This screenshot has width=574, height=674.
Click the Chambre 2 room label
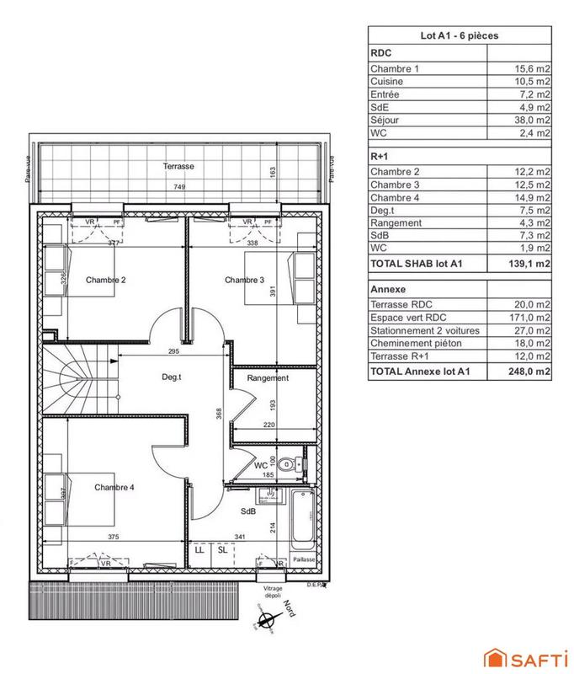click(x=106, y=280)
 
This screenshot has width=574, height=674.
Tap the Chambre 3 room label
click(x=245, y=280)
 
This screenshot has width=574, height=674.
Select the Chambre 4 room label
click(x=114, y=487)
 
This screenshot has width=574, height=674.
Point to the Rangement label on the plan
click(x=268, y=378)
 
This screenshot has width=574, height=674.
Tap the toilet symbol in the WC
click(x=290, y=463)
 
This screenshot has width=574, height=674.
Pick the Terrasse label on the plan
click(x=179, y=167)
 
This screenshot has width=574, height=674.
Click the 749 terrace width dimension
click(x=179, y=186)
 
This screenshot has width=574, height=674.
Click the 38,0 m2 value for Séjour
click(x=535, y=119)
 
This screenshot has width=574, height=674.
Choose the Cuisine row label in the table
click(x=386, y=81)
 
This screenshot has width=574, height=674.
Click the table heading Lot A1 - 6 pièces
click(x=460, y=35)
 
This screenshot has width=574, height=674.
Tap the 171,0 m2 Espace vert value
click(x=533, y=318)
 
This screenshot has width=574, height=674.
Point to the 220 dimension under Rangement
click(x=268, y=426)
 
